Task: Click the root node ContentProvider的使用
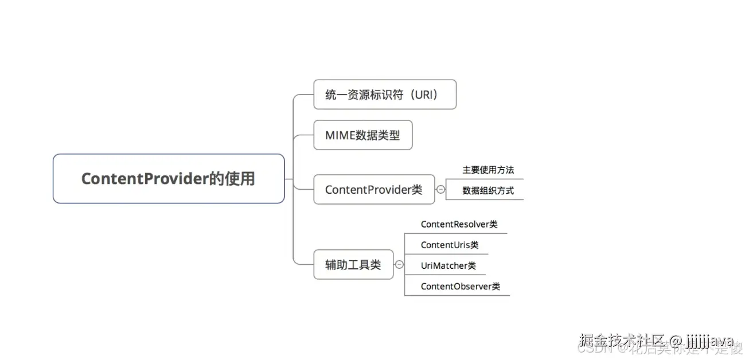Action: pyautogui.click(x=169, y=178)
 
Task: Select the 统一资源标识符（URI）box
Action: pyautogui.click(x=384, y=95)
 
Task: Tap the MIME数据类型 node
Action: pyautogui.click(x=362, y=135)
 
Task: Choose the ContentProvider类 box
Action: pyautogui.click(x=373, y=189)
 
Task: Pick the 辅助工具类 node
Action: pyautogui.click(x=353, y=264)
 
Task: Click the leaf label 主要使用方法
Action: pyautogui.click(x=488, y=170)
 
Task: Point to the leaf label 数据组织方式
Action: pyautogui.click(x=488, y=190)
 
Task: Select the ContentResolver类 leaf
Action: pyautogui.click(x=459, y=224)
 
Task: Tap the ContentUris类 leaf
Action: pyautogui.click(x=449, y=245)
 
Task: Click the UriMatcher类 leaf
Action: pyautogui.click(x=448, y=265)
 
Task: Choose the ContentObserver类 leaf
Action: pyautogui.click(x=460, y=286)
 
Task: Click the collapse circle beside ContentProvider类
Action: pyautogui.click(x=440, y=189)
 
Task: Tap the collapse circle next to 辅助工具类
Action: pyautogui.click(x=399, y=264)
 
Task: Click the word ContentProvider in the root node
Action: pyautogui.click(x=144, y=178)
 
